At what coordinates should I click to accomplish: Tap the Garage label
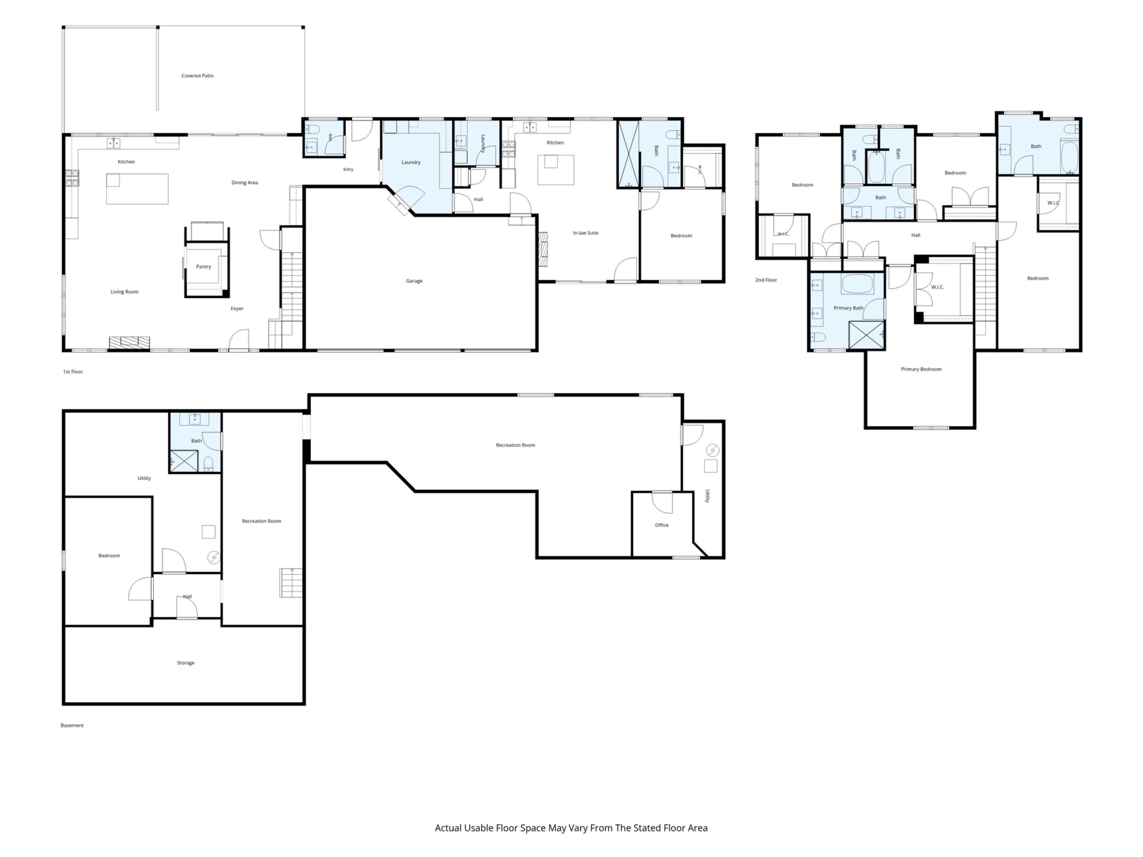click(414, 281)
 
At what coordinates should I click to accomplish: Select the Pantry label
click(204, 267)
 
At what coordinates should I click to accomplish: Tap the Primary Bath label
click(848, 308)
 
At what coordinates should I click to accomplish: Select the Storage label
click(185, 663)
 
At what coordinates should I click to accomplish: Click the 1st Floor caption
click(73, 371)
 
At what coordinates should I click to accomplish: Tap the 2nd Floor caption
click(766, 280)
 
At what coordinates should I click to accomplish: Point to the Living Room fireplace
click(129, 343)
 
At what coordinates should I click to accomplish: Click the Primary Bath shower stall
click(866, 335)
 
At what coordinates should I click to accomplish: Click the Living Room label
click(124, 292)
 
